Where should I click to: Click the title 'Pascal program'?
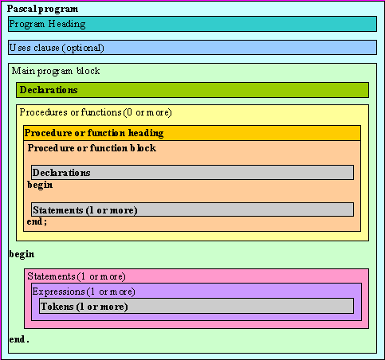[x=42, y=9]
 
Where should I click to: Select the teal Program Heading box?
[x=192, y=24]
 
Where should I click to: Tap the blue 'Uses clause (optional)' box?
[x=192, y=48]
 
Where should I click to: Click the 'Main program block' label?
[x=56, y=71]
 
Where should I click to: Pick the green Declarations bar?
[x=192, y=90]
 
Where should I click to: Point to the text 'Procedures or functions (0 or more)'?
[x=96, y=112]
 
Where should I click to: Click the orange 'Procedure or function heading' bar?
[x=192, y=133]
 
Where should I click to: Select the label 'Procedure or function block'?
[x=92, y=148]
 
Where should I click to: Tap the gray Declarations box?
[x=192, y=173]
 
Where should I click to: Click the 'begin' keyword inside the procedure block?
[x=40, y=185]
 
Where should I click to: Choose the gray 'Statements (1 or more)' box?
[x=192, y=209]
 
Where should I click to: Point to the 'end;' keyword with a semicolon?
[x=37, y=221]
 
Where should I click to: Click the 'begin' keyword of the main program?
[x=22, y=254]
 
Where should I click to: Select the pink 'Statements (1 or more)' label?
[x=77, y=276]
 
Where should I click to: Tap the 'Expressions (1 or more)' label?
[x=84, y=292]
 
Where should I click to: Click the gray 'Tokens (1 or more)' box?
[x=196, y=306]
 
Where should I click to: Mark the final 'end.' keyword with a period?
[x=19, y=339]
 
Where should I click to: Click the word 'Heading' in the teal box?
[x=67, y=24]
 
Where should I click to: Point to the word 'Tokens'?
[x=57, y=307]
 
